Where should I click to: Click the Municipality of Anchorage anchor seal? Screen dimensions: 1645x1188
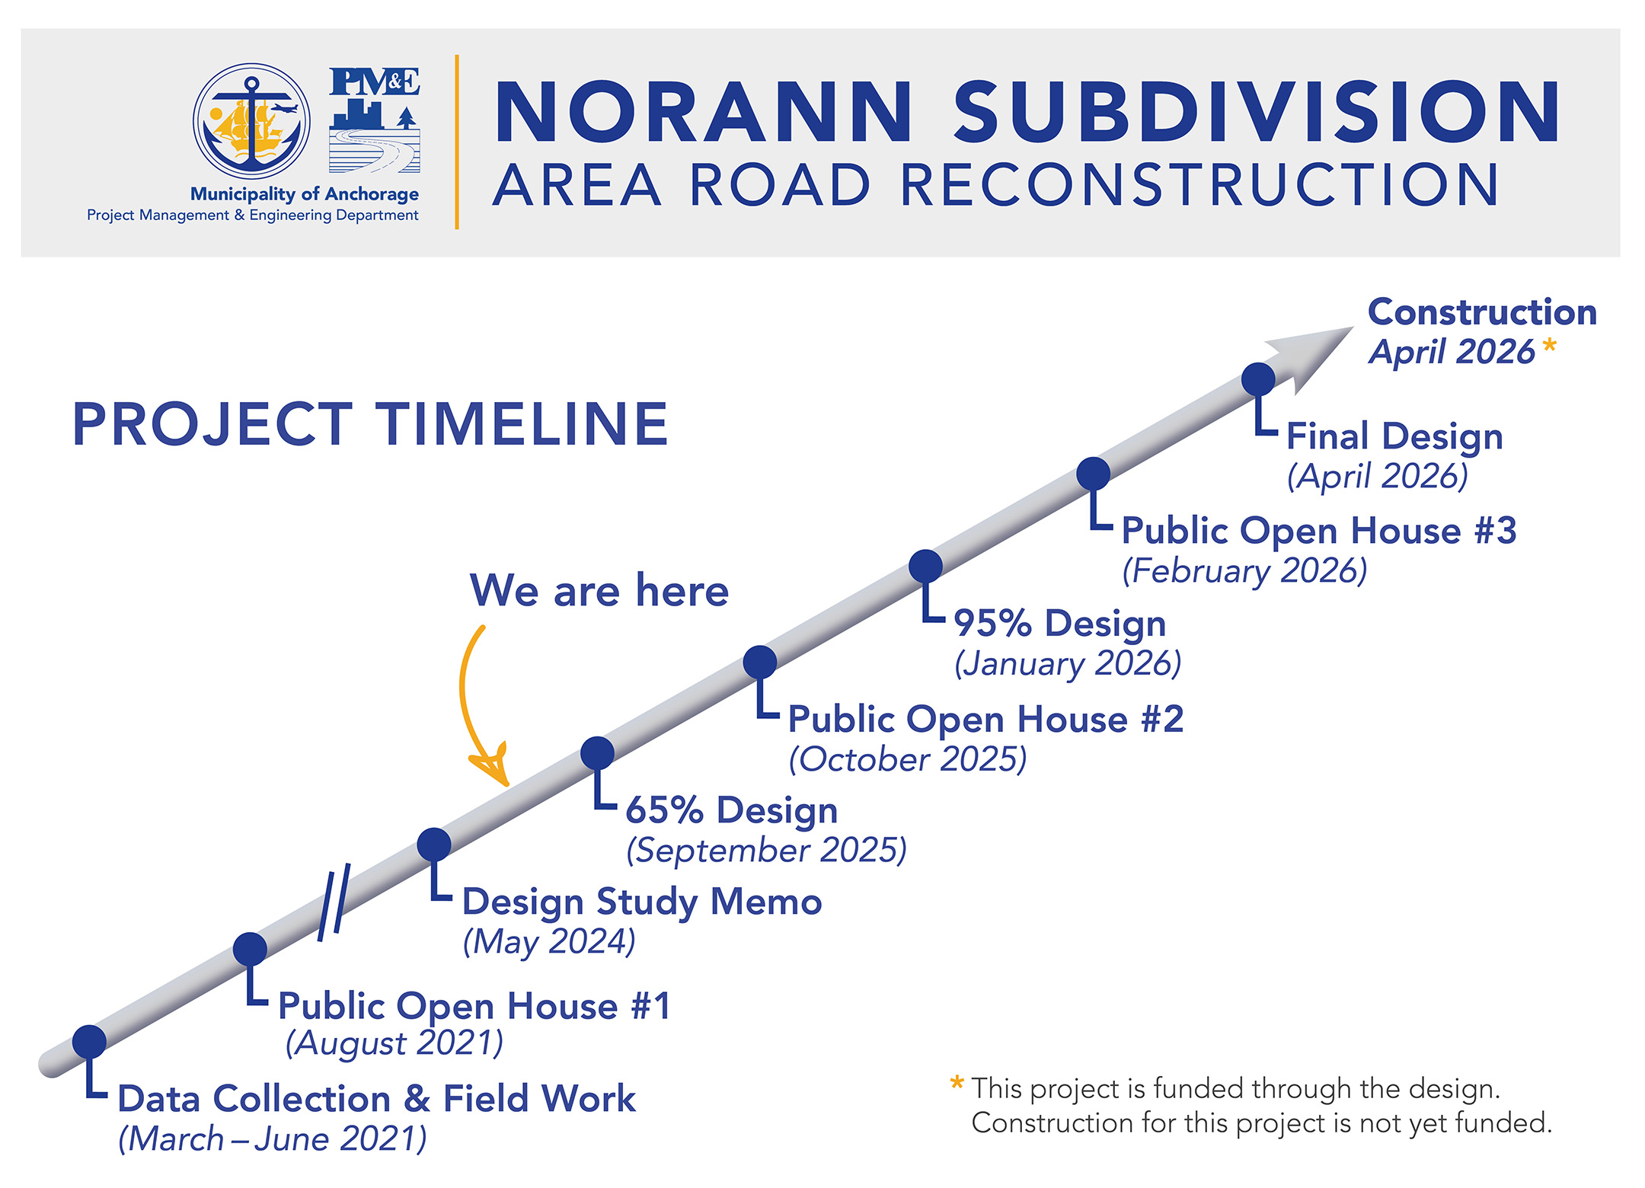(x=251, y=122)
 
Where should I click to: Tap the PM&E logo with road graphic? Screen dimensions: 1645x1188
(x=375, y=120)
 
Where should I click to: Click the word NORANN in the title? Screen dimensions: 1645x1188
(x=703, y=112)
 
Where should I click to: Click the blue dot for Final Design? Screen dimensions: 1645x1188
(x=1258, y=378)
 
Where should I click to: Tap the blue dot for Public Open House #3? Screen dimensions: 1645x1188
(x=1093, y=474)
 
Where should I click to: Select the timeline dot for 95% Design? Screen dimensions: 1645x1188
(x=925, y=566)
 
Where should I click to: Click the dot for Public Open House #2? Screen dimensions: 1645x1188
(x=760, y=662)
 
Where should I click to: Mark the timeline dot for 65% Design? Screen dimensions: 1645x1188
(x=597, y=753)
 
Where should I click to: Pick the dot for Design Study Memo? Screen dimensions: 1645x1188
(x=434, y=845)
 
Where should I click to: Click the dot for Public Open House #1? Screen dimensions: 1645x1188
(x=250, y=949)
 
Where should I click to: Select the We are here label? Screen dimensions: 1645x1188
(x=599, y=590)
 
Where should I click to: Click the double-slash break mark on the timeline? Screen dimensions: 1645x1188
(x=334, y=902)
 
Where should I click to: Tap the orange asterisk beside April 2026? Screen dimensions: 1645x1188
(x=1549, y=347)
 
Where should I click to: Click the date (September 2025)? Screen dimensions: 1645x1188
(x=767, y=851)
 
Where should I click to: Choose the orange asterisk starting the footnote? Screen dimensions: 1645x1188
(x=957, y=1084)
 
